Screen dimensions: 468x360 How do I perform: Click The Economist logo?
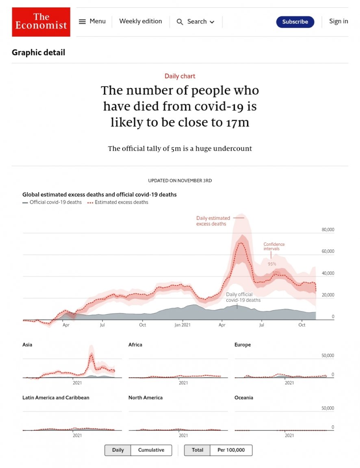click(x=41, y=22)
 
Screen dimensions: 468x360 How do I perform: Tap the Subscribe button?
click(x=295, y=22)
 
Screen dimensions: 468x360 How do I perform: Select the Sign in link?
click(x=338, y=22)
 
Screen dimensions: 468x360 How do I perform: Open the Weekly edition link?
click(x=141, y=22)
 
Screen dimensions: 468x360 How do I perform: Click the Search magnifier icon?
click(x=180, y=22)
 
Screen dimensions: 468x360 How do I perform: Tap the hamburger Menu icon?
click(x=82, y=22)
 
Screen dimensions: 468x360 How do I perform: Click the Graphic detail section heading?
click(x=39, y=52)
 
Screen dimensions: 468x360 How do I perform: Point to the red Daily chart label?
click(x=180, y=76)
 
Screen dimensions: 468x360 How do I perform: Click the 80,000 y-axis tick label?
click(x=327, y=230)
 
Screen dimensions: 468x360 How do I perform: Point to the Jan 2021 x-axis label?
click(x=182, y=325)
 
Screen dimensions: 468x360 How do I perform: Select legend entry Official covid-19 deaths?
click(x=55, y=202)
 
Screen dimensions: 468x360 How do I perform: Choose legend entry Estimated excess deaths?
click(x=121, y=202)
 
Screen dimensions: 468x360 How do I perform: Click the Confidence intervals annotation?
click(x=274, y=246)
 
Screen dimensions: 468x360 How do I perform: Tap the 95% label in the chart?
click(x=272, y=264)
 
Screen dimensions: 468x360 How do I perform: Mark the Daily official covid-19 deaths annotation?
click(x=243, y=297)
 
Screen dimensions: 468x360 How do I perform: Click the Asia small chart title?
click(x=27, y=345)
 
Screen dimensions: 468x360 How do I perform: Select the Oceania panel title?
click(x=244, y=398)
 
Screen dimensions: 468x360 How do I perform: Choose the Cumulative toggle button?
click(x=151, y=450)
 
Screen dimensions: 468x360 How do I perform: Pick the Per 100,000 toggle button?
click(x=231, y=450)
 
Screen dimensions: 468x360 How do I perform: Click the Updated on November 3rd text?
click(x=180, y=181)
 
